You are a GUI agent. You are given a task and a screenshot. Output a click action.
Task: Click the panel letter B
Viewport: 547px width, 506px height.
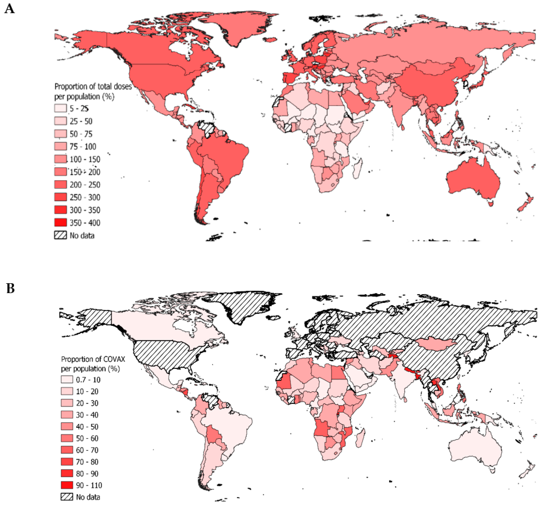click(x=10, y=288)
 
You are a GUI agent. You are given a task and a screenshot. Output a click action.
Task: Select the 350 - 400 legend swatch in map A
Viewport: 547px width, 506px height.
click(x=60, y=222)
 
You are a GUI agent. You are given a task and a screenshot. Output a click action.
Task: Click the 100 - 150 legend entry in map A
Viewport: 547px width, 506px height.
click(x=85, y=159)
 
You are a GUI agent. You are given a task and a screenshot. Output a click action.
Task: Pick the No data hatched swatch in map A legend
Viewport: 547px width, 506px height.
click(x=60, y=235)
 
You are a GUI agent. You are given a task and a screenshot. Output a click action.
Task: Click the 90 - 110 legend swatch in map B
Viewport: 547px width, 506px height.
click(x=67, y=485)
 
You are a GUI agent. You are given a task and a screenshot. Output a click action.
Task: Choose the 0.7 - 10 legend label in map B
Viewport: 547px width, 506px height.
click(x=88, y=380)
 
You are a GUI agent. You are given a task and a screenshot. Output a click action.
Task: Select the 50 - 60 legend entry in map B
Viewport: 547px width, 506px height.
click(x=87, y=438)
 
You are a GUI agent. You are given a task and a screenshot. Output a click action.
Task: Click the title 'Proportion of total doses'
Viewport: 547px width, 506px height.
click(x=93, y=86)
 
